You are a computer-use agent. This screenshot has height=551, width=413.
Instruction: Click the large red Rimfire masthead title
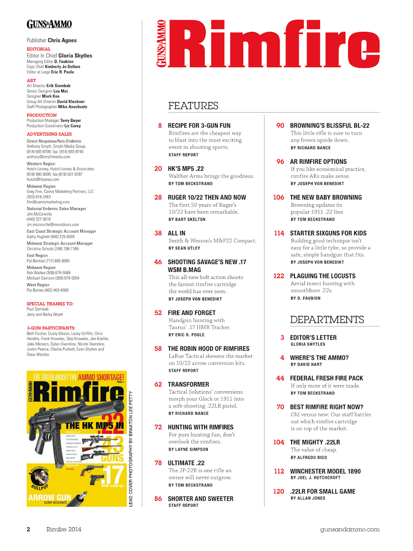pyautogui.click(x=274, y=44)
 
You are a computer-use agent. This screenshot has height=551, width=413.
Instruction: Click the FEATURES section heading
pyautogui.click(x=193, y=106)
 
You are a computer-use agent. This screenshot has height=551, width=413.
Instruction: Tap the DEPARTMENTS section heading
pyautogui.click(x=327, y=320)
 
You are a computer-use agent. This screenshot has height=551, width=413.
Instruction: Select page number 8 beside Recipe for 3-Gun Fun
pyautogui.click(x=160, y=126)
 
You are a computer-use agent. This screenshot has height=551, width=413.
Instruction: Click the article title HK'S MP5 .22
pyautogui.click(x=186, y=169)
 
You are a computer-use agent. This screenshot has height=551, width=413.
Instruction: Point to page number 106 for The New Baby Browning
pyautogui.click(x=279, y=197)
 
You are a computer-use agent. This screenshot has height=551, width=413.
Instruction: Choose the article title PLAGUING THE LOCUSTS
pyautogui.click(x=323, y=276)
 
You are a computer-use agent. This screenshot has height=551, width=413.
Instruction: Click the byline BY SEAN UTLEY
pyautogui.click(x=184, y=248)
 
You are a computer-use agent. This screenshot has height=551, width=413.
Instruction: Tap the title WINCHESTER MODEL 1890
pyautogui.click(x=325, y=471)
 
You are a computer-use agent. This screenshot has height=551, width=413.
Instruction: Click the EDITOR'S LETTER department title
pyautogui.click(x=313, y=338)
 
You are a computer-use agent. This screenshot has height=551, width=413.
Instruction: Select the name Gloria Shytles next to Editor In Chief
pyautogui.click(x=75, y=56)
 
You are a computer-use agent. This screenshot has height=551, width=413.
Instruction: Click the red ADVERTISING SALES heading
pyautogui.click(x=49, y=134)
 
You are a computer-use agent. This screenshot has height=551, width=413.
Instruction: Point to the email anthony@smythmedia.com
pyautogui.click(x=48, y=157)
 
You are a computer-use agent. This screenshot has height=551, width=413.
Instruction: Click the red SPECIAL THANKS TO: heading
pyautogui.click(x=50, y=304)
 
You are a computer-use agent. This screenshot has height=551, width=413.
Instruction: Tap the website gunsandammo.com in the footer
pyautogui.click(x=350, y=530)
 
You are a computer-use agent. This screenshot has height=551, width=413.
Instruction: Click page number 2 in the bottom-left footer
pyautogui.click(x=28, y=530)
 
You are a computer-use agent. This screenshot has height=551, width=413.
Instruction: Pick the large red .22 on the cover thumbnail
pyautogui.click(x=112, y=424)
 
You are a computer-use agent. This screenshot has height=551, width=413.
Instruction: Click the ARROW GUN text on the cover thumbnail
pyautogui.click(x=50, y=498)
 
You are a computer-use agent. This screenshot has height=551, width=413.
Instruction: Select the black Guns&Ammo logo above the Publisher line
pyautogui.click(x=49, y=25)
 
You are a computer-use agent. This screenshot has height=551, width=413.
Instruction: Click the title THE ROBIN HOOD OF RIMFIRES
pyautogui.click(x=209, y=349)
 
